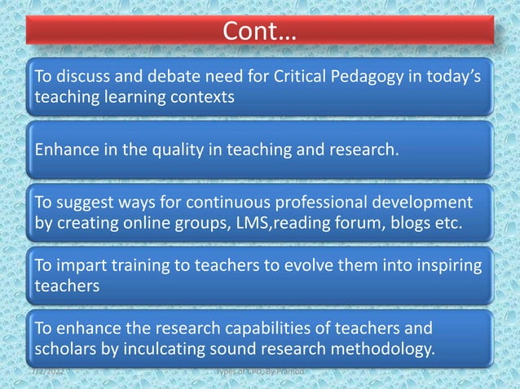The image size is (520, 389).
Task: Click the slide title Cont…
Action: (x=260, y=33)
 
